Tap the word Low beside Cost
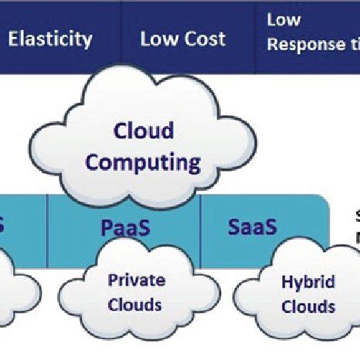158,39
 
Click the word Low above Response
283,20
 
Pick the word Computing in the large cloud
143,162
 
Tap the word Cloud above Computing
143,131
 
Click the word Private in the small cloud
136,280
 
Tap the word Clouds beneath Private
136,304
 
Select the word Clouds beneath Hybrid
307,307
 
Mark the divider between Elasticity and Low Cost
121,37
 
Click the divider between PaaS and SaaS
201,224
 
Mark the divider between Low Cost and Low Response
255,37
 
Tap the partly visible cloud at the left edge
15,286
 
